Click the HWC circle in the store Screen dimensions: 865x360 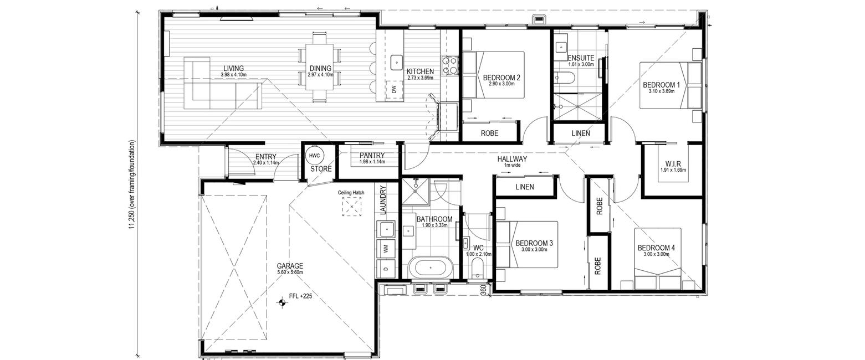[315, 156]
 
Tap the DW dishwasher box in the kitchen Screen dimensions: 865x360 [394, 90]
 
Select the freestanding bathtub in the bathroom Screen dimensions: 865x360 [431, 266]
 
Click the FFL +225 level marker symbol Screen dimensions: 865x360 [282, 304]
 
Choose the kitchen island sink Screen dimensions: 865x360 [396, 63]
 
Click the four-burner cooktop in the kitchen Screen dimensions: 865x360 [450, 65]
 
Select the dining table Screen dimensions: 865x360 [319, 67]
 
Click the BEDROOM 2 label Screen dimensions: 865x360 [501, 78]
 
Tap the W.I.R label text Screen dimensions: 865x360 [673, 163]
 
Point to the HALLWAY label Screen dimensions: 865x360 [512, 158]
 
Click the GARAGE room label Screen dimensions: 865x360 [290, 266]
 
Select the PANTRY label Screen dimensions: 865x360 [372, 155]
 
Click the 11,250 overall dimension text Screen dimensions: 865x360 [132, 186]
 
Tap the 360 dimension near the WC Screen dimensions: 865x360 [483, 290]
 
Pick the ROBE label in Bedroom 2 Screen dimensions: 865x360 [490, 133]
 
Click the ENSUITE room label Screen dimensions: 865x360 [581, 58]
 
